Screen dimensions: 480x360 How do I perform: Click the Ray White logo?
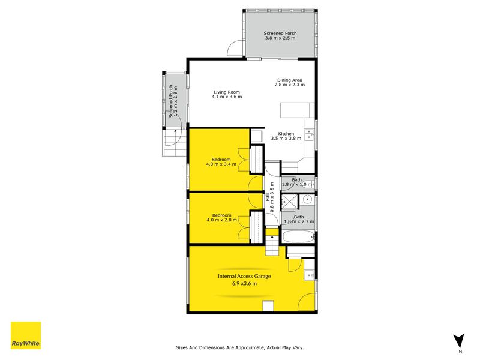[x=26, y=335]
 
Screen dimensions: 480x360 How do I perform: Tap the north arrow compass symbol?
[x=458, y=341]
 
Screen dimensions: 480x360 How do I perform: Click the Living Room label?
[x=227, y=94]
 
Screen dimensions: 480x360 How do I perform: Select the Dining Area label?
[x=290, y=82]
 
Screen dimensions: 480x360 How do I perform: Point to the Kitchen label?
[x=286, y=136]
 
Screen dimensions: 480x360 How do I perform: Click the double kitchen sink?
[x=309, y=135]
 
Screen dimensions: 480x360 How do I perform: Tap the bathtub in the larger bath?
[x=298, y=237]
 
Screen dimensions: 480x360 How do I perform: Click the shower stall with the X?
[x=289, y=202]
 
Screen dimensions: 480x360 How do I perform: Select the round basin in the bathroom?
[x=307, y=200]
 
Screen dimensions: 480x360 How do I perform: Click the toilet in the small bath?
[x=310, y=184]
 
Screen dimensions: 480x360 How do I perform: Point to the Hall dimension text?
[x=269, y=197]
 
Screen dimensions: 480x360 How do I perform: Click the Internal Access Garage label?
[x=244, y=280]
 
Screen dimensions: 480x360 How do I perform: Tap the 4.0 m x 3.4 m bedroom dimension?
[x=221, y=164]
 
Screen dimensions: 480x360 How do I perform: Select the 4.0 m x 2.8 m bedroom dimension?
[x=221, y=220]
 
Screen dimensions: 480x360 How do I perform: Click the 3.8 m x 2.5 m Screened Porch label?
[x=280, y=35]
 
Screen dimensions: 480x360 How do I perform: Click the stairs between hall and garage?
[x=272, y=242]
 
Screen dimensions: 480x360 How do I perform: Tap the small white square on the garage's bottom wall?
[x=268, y=306]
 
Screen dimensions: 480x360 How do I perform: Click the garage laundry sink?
[x=309, y=275]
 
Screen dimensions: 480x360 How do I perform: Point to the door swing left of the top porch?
[x=235, y=48]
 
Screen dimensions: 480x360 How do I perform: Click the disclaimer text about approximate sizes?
[x=239, y=347]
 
